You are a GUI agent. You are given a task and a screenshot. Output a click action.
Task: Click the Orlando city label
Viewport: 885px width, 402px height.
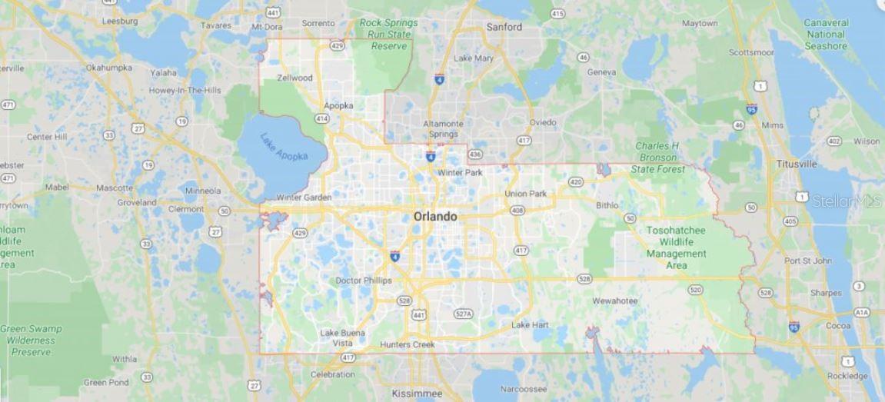[435, 217]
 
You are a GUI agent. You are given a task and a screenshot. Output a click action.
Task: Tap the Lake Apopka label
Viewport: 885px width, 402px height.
[284, 147]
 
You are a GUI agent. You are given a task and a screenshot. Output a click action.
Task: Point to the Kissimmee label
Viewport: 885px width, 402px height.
[416, 393]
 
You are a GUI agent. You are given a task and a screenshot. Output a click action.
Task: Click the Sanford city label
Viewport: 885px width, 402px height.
[504, 27]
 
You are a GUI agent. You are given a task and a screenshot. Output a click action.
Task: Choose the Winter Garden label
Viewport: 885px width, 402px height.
[304, 198]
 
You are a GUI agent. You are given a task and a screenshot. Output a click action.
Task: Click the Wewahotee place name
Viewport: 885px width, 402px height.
[615, 301]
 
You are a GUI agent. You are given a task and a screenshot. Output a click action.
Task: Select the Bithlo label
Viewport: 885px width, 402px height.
[607, 205]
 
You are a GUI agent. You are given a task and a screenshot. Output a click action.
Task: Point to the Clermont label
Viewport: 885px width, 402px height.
[186, 209]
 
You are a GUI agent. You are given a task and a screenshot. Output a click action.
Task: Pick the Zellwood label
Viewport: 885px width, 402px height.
[294, 78]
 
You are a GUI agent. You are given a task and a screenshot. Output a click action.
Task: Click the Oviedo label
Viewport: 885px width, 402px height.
[542, 122]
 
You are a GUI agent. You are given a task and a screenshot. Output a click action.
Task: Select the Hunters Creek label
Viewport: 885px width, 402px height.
[408, 345]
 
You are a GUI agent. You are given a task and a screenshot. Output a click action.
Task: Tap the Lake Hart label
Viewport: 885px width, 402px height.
[531, 325]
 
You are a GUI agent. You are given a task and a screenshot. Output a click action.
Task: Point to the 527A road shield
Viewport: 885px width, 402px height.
[463, 314]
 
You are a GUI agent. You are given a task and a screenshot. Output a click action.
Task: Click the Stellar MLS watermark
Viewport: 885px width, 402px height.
[846, 201]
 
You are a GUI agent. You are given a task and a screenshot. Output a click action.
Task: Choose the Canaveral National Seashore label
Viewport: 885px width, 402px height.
[826, 35]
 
